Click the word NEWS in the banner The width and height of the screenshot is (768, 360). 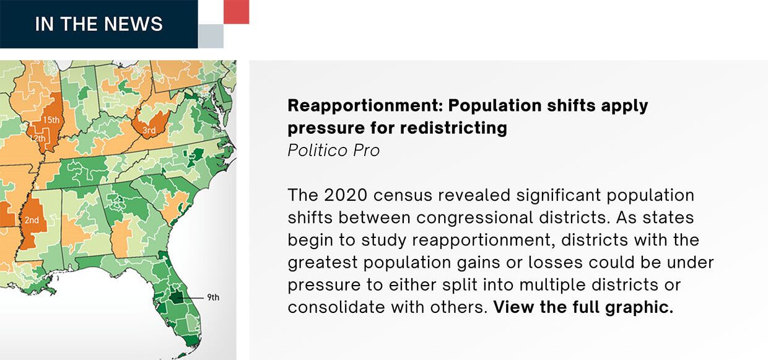[133, 24]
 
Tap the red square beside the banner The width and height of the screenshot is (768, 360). [236, 12]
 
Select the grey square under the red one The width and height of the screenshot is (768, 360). [211, 36]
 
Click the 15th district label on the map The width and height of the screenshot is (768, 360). [51, 120]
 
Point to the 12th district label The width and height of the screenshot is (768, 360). [38, 138]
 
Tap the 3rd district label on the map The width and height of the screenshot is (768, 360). [149, 131]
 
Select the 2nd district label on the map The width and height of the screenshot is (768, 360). [32, 220]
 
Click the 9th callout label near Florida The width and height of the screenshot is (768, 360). [213, 297]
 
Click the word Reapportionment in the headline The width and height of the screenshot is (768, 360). [365, 105]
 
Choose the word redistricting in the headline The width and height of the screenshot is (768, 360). [453, 128]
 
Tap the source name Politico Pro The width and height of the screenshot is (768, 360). [334, 150]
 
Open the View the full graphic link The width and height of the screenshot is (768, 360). [583, 307]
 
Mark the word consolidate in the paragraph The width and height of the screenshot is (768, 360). [336, 307]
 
